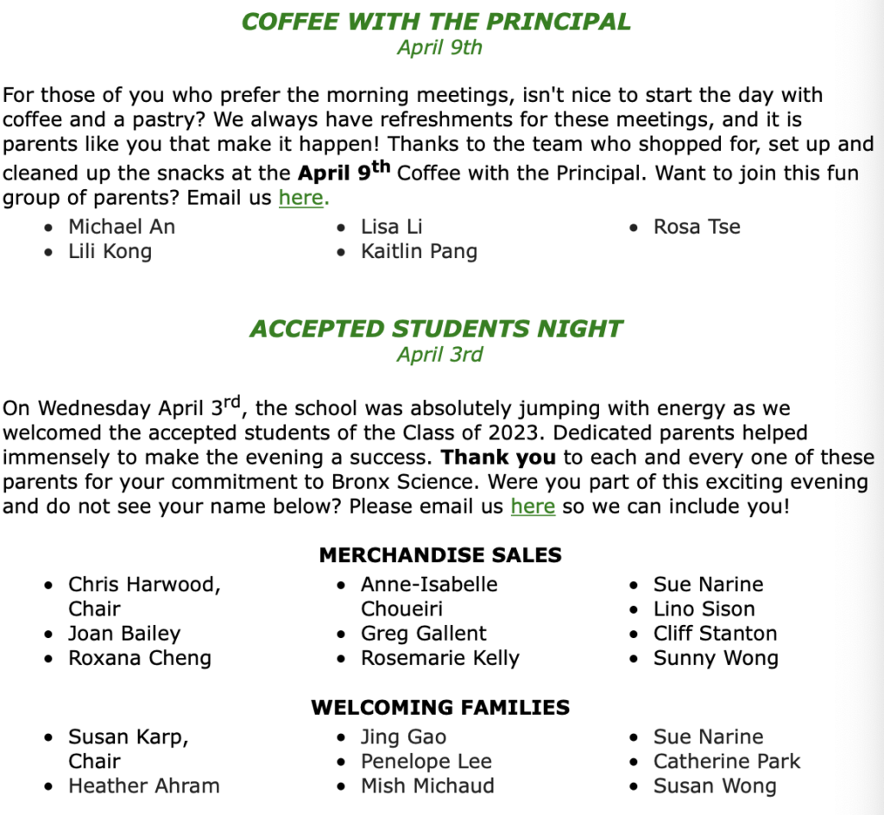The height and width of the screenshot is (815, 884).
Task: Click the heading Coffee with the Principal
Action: point(436,22)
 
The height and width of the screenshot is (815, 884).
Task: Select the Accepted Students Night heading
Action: point(436,329)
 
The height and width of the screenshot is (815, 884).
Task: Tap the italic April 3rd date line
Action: point(439,354)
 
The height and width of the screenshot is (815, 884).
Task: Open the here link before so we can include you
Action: point(533,505)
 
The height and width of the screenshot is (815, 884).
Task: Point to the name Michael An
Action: point(122,227)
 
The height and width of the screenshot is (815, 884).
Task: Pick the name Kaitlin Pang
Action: point(419,251)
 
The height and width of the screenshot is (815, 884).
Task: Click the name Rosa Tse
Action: point(697,227)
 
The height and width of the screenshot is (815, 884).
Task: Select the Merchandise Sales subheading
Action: point(440,555)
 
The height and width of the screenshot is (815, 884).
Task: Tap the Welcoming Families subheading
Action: point(440,708)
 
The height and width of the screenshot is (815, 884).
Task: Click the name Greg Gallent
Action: point(424,634)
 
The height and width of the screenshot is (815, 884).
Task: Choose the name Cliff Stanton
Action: point(715,634)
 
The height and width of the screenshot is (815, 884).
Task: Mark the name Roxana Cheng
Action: point(140,658)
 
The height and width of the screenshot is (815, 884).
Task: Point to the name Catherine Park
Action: point(727,761)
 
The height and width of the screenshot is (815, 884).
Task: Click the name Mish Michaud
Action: point(427,786)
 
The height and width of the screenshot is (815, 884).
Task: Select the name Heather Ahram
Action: point(144,786)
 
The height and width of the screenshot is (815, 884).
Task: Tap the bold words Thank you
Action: point(499,457)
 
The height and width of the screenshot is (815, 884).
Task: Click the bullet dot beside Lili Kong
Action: point(51,252)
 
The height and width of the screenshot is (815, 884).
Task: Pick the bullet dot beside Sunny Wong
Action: point(635,659)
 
